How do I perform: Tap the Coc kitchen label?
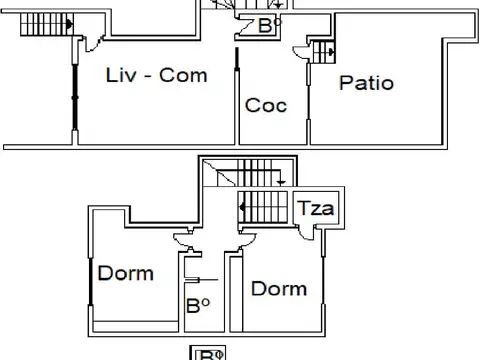click(266, 105)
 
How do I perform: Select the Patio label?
click(365, 83)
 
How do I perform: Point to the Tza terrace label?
click(318, 210)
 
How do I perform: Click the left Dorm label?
click(126, 272)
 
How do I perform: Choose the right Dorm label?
click(279, 289)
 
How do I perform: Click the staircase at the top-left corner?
click(44, 19)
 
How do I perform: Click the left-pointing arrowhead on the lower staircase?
click(243, 208)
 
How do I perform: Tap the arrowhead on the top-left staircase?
click(68, 21)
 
